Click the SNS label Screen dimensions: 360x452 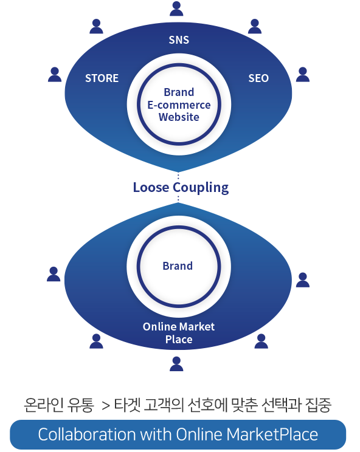click(179, 39)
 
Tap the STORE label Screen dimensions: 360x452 click(102, 78)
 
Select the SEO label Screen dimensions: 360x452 click(258, 78)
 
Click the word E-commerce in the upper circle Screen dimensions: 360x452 click(179, 105)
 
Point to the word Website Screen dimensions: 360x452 click(179, 117)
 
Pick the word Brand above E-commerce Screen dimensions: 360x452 click(179, 92)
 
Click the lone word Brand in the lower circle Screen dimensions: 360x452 click(178, 265)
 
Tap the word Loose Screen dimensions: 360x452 click(151, 187)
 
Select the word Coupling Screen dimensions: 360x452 click(201, 188)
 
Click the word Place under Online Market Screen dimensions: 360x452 click(179, 339)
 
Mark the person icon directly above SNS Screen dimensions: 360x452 click(176, 9)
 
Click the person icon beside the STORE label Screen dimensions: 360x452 click(55, 75)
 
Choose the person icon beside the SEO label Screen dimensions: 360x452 click(303, 75)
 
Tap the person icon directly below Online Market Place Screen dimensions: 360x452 click(176, 364)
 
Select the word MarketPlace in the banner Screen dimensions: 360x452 click(272, 434)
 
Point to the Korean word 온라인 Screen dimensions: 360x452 click(44, 405)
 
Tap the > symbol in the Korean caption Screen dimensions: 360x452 click(106, 406)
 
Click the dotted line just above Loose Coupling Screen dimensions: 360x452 click(178, 176)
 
